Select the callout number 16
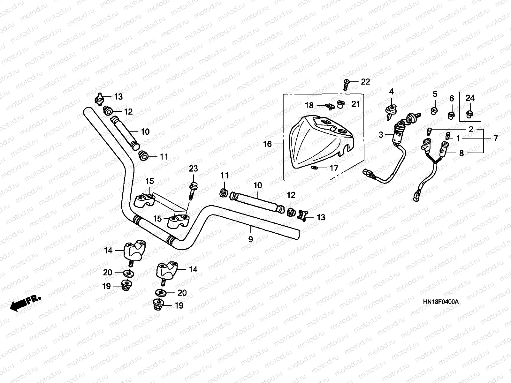(267, 144)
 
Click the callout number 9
(250, 239)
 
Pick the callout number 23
(194, 169)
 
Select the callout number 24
(470, 98)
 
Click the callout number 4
(392, 92)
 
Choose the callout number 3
(381, 135)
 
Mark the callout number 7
(495, 138)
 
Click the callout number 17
(334, 168)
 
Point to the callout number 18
(309, 105)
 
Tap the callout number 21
(355, 104)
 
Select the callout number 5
(435, 94)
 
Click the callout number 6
(452, 99)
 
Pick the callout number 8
(461, 154)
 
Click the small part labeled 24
(470, 113)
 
